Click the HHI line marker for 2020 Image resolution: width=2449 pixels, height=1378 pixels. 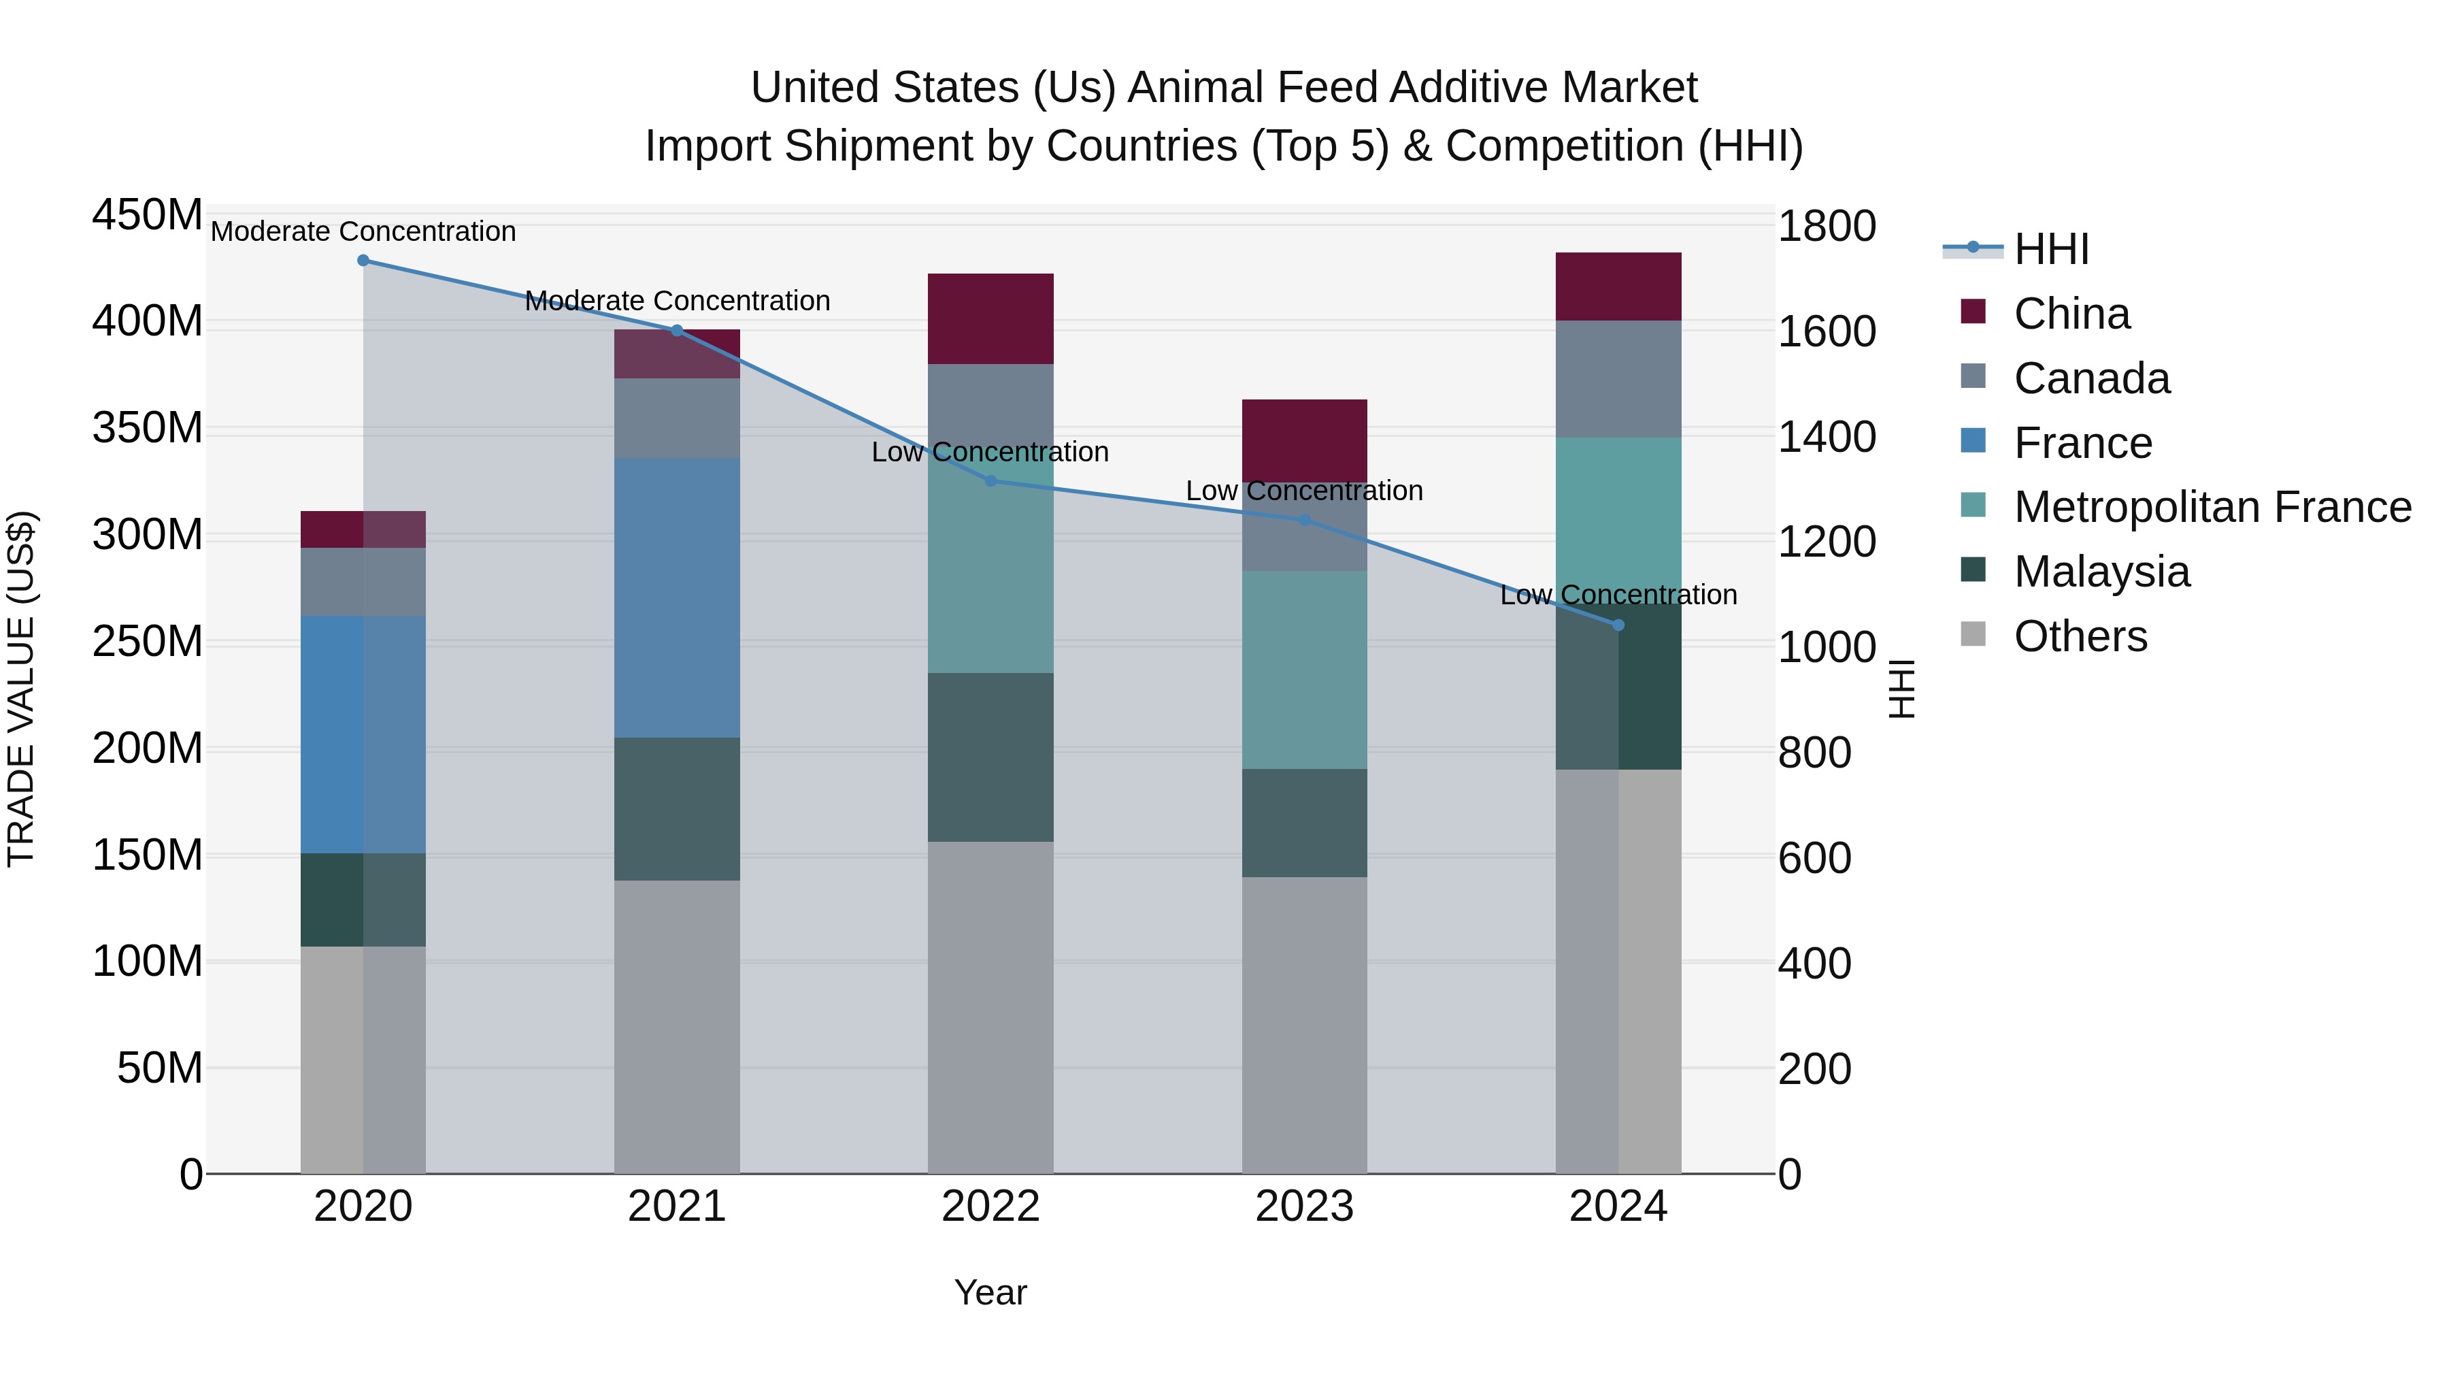363,261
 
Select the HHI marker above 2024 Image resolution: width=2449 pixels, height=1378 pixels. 1618,625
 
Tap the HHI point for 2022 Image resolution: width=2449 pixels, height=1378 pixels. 990,481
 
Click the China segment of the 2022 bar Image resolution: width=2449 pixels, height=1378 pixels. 990,318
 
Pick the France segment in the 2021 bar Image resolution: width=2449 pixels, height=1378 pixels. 677,597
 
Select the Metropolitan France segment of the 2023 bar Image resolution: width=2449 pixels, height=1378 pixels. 1304,670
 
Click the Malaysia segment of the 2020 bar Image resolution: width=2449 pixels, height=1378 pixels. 363,899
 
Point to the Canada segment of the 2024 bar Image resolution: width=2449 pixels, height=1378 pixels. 1618,378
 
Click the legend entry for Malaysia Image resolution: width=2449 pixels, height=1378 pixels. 2101,572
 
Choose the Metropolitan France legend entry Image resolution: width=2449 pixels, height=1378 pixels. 2212,507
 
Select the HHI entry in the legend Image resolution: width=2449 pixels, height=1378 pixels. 2050,249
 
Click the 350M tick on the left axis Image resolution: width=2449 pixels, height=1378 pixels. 148,429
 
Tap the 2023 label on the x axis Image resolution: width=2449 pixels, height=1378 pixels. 1304,1207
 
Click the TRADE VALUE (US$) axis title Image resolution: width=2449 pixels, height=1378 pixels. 22,689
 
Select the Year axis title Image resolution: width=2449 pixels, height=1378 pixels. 990,1292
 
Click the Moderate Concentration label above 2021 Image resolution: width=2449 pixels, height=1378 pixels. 677,301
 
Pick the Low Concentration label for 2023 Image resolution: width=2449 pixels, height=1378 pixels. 1304,491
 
